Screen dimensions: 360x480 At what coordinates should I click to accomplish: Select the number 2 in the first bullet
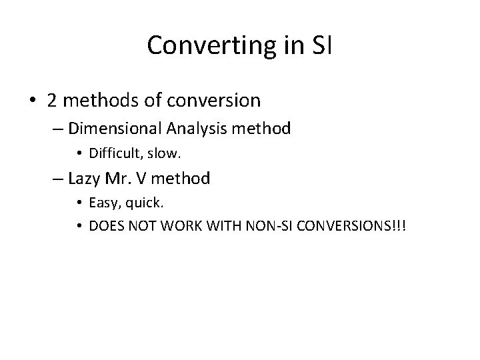(x=54, y=100)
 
